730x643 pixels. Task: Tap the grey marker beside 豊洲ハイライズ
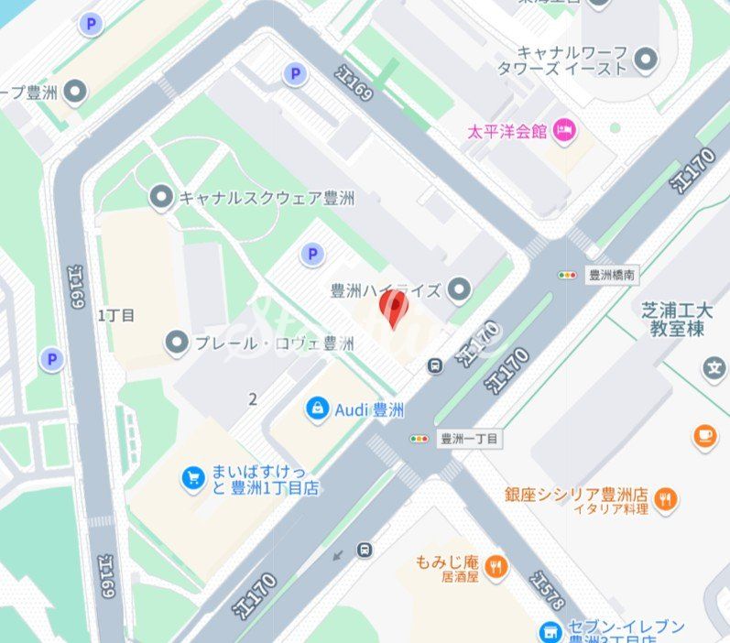(459, 290)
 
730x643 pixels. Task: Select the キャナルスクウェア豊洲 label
(266, 198)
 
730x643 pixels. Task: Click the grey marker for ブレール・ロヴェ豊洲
(177, 343)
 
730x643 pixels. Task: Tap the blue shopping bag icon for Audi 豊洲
(317, 409)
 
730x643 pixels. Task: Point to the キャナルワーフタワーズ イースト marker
(647, 60)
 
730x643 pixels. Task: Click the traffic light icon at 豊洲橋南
(568, 274)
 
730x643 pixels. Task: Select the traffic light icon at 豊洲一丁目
(419, 440)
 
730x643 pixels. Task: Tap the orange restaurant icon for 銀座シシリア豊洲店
(667, 500)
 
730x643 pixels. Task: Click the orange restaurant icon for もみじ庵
(496, 565)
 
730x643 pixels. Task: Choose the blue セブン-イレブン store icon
(550, 631)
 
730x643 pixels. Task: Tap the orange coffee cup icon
(704, 435)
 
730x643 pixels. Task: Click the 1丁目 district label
(116, 315)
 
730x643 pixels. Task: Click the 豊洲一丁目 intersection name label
(469, 440)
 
